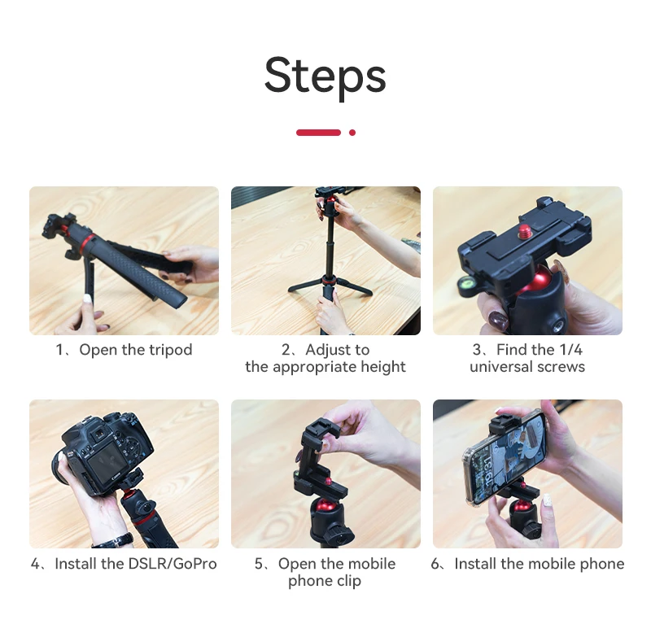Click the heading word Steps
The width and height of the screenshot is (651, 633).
[x=325, y=76]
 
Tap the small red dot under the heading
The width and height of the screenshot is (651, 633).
[x=352, y=133]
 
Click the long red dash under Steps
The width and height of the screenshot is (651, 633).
[x=318, y=133]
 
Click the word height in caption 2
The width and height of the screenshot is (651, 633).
[x=383, y=367]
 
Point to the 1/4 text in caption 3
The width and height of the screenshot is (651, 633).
[x=570, y=350]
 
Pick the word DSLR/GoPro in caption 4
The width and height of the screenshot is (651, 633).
[x=173, y=564]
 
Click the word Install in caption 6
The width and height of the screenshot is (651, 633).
[x=475, y=564]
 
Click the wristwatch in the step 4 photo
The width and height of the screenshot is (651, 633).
[x=113, y=541]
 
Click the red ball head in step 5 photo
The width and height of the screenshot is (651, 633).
[x=326, y=505]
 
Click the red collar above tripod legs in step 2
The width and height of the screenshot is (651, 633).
[x=328, y=280]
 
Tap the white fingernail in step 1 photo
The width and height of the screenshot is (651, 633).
[x=87, y=298]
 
